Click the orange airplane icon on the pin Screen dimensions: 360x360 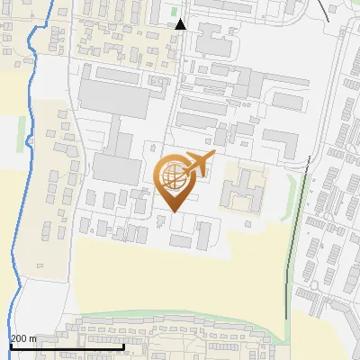click(195, 165)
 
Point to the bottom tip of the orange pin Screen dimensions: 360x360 click(172, 212)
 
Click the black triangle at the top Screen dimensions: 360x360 click(181, 25)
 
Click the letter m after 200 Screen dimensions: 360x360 click(32, 339)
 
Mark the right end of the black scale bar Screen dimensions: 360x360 click(123, 346)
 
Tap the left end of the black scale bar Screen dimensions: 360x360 click(10, 346)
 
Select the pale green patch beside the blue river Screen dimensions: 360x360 click(21, 135)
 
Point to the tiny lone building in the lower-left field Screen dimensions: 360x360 click(40, 265)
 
